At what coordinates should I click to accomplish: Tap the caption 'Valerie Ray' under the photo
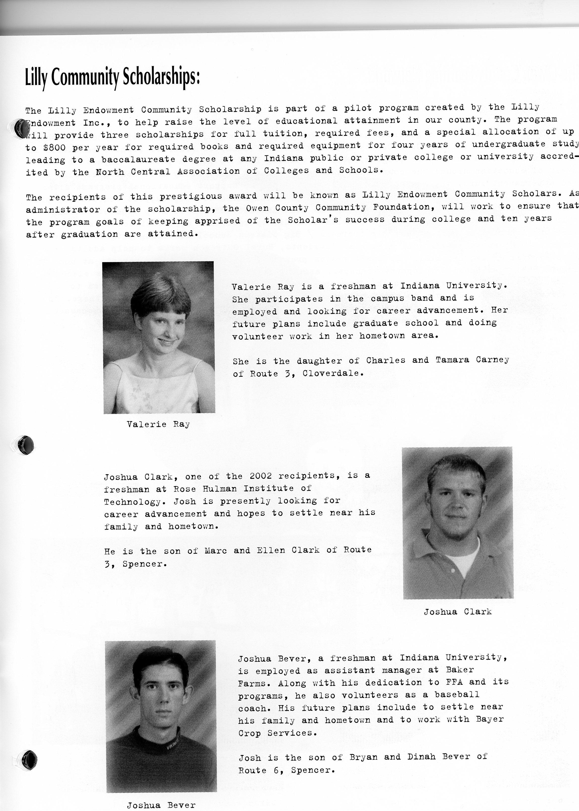click(158, 424)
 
